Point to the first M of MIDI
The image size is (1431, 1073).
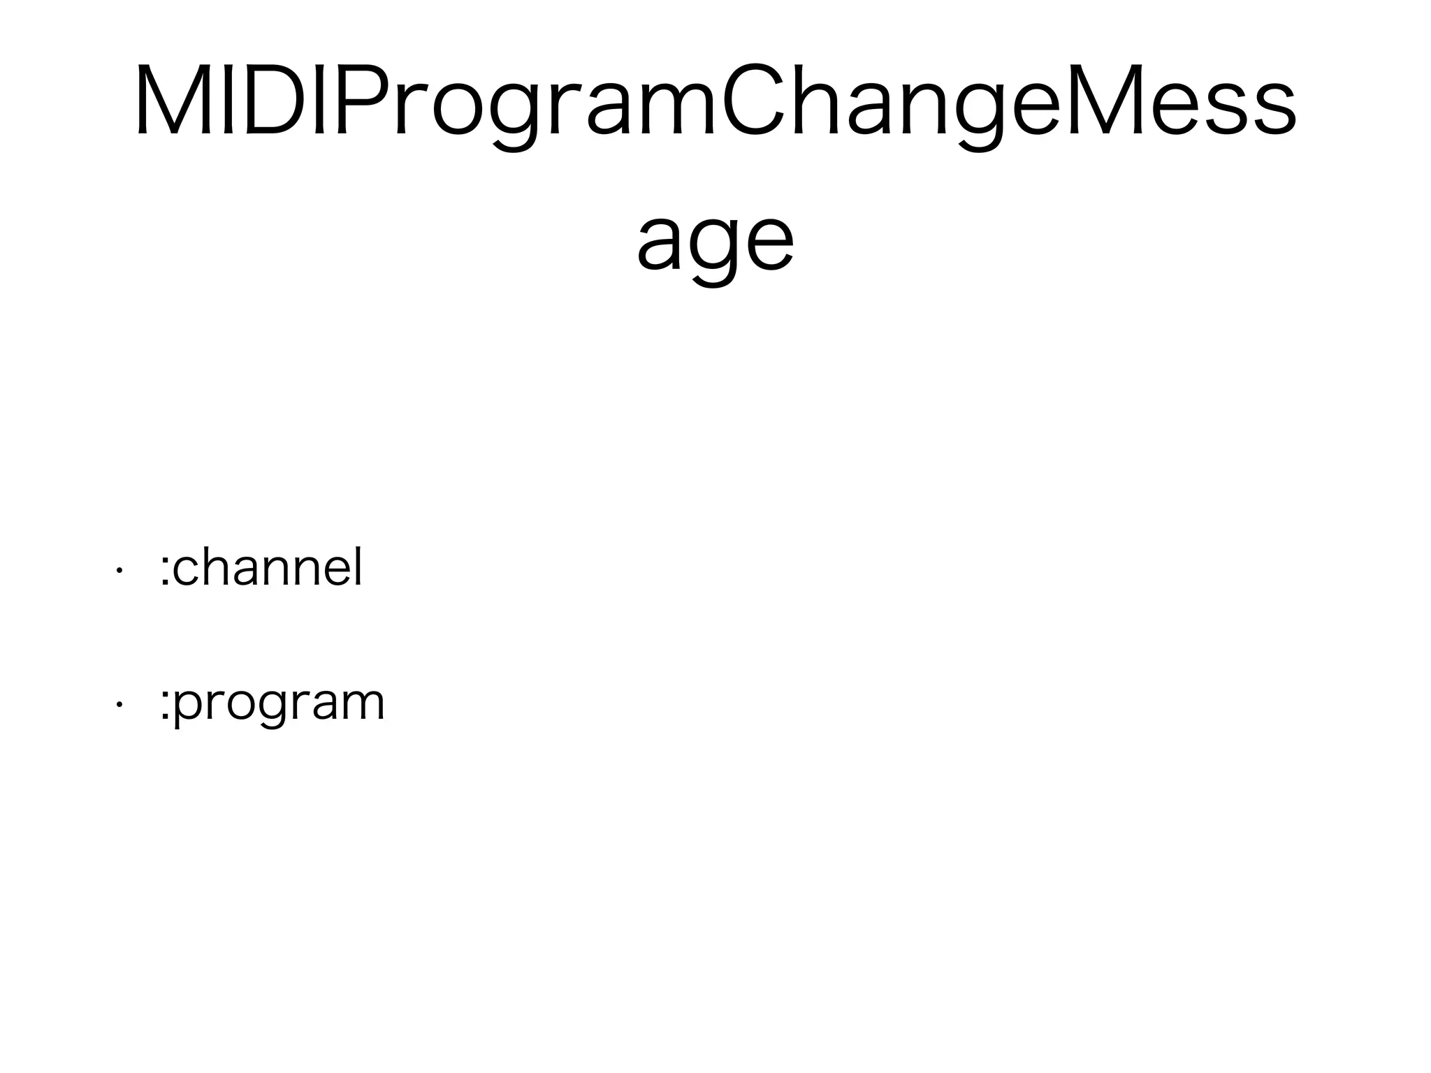coord(175,99)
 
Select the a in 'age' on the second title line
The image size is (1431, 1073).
coord(661,244)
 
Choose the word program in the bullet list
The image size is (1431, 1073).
coord(278,706)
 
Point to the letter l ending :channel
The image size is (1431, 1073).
coord(358,565)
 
